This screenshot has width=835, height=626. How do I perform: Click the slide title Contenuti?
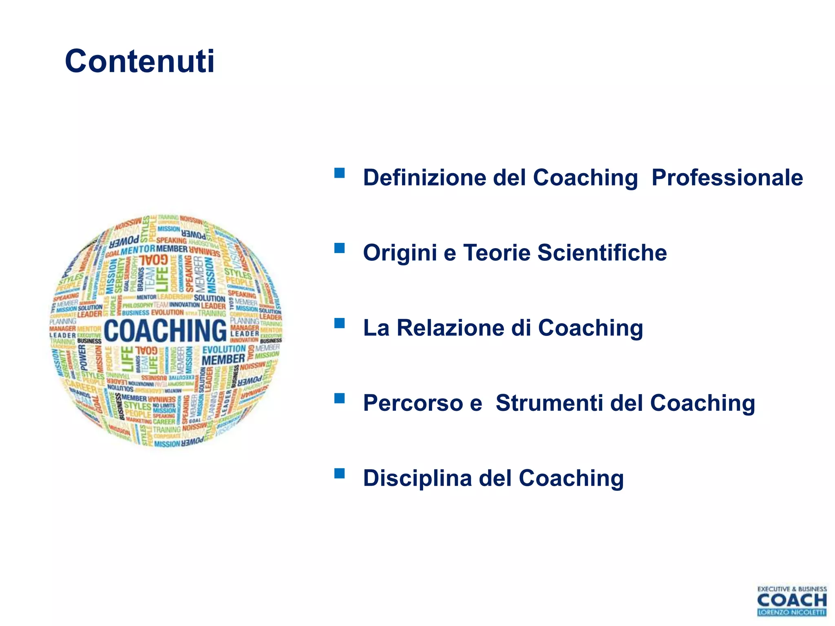pos(139,62)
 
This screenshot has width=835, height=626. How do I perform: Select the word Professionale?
pos(727,178)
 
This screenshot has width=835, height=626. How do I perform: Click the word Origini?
pos(400,253)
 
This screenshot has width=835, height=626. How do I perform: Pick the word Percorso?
pos(413,403)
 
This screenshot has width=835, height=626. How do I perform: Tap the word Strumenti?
pos(549,403)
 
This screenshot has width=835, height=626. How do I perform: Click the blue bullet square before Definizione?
pos(339,173)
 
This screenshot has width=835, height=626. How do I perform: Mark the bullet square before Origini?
pos(339,248)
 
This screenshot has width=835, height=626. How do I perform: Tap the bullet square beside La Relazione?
pos(339,323)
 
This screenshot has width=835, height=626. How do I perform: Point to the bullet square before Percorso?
pos(339,398)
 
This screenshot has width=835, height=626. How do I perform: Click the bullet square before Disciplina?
pos(339,473)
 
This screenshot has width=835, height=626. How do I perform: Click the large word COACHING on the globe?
pos(165,331)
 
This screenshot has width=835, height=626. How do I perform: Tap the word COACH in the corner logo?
pos(791,600)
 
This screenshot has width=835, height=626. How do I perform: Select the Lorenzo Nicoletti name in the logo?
pos(791,612)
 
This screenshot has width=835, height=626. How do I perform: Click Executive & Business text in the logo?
pos(791,589)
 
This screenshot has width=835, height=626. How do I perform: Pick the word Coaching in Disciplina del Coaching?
pos(571,478)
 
